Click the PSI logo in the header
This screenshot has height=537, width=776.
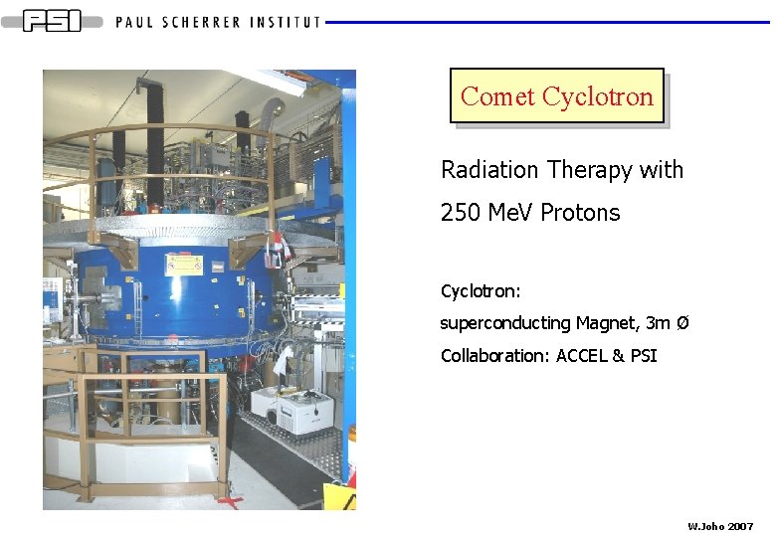52,21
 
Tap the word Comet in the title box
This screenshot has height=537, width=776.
497,96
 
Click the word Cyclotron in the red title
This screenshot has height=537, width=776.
598,96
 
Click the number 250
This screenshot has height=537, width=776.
460,213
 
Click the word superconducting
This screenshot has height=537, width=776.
505,323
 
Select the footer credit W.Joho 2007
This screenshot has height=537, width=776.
720,525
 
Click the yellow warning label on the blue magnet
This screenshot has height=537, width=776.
183,265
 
